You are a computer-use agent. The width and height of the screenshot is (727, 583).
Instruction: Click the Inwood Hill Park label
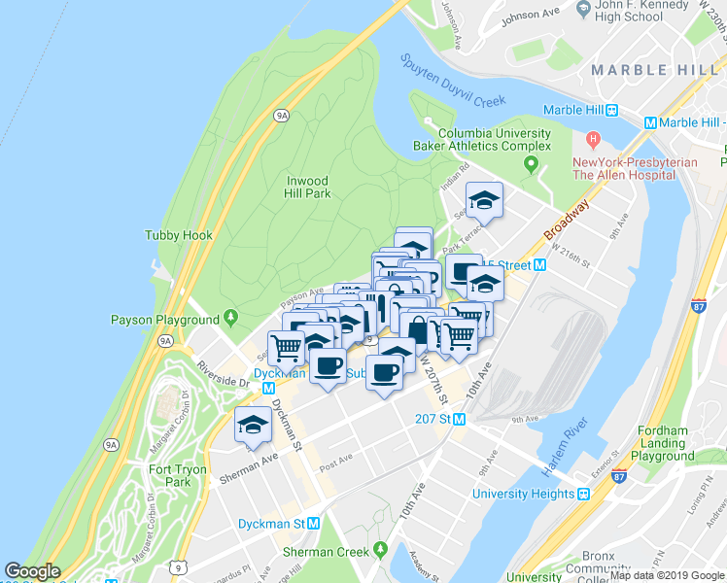click(308, 187)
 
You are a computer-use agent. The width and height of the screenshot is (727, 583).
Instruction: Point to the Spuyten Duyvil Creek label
click(454, 82)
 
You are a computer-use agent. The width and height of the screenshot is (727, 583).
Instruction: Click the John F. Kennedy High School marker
click(583, 10)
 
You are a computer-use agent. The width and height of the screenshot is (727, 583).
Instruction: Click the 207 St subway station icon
click(462, 420)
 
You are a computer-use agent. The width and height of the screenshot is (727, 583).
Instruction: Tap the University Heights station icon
click(584, 494)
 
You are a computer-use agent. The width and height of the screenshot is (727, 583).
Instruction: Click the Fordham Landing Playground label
click(663, 443)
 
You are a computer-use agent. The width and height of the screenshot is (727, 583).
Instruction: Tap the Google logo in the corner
click(32, 571)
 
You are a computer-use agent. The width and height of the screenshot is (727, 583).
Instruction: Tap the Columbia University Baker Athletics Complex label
click(495, 139)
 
